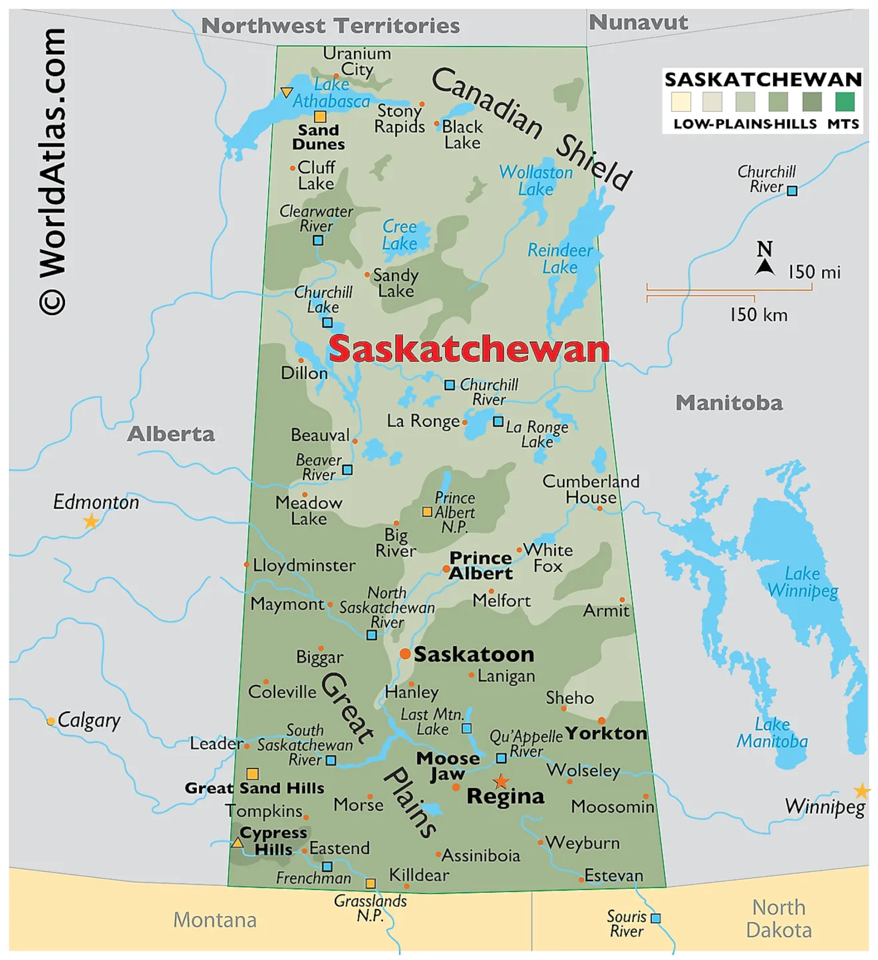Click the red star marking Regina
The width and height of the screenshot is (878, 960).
(x=501, y=781)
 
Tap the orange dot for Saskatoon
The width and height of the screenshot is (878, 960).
(x=405, y=654)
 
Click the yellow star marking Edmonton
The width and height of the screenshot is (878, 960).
(x=91, y=521)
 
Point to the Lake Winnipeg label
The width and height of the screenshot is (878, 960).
(x=802, y=582)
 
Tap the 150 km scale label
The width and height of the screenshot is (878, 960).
(x=758, y=315)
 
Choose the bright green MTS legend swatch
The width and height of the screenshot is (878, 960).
(x=845, y=101)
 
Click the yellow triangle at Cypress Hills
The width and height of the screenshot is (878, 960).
(x=237, y=843)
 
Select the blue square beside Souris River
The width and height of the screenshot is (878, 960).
(x=656, y=918)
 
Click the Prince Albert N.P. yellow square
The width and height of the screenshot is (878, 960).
(x=427, y=512)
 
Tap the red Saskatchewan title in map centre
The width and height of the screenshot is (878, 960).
(x=469, y=349)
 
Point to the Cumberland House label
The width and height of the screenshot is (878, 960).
(x=590, y=489)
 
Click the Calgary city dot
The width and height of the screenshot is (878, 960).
(x=51, y=721)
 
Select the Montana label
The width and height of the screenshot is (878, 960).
(x=215, y=920)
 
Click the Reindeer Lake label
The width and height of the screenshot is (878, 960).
(x=560, y=259)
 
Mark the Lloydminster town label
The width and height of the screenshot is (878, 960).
(x=304, y=565)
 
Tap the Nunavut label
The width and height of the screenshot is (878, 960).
(x=638, y=22)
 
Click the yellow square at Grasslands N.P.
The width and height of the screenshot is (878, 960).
(x=371, y=883)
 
